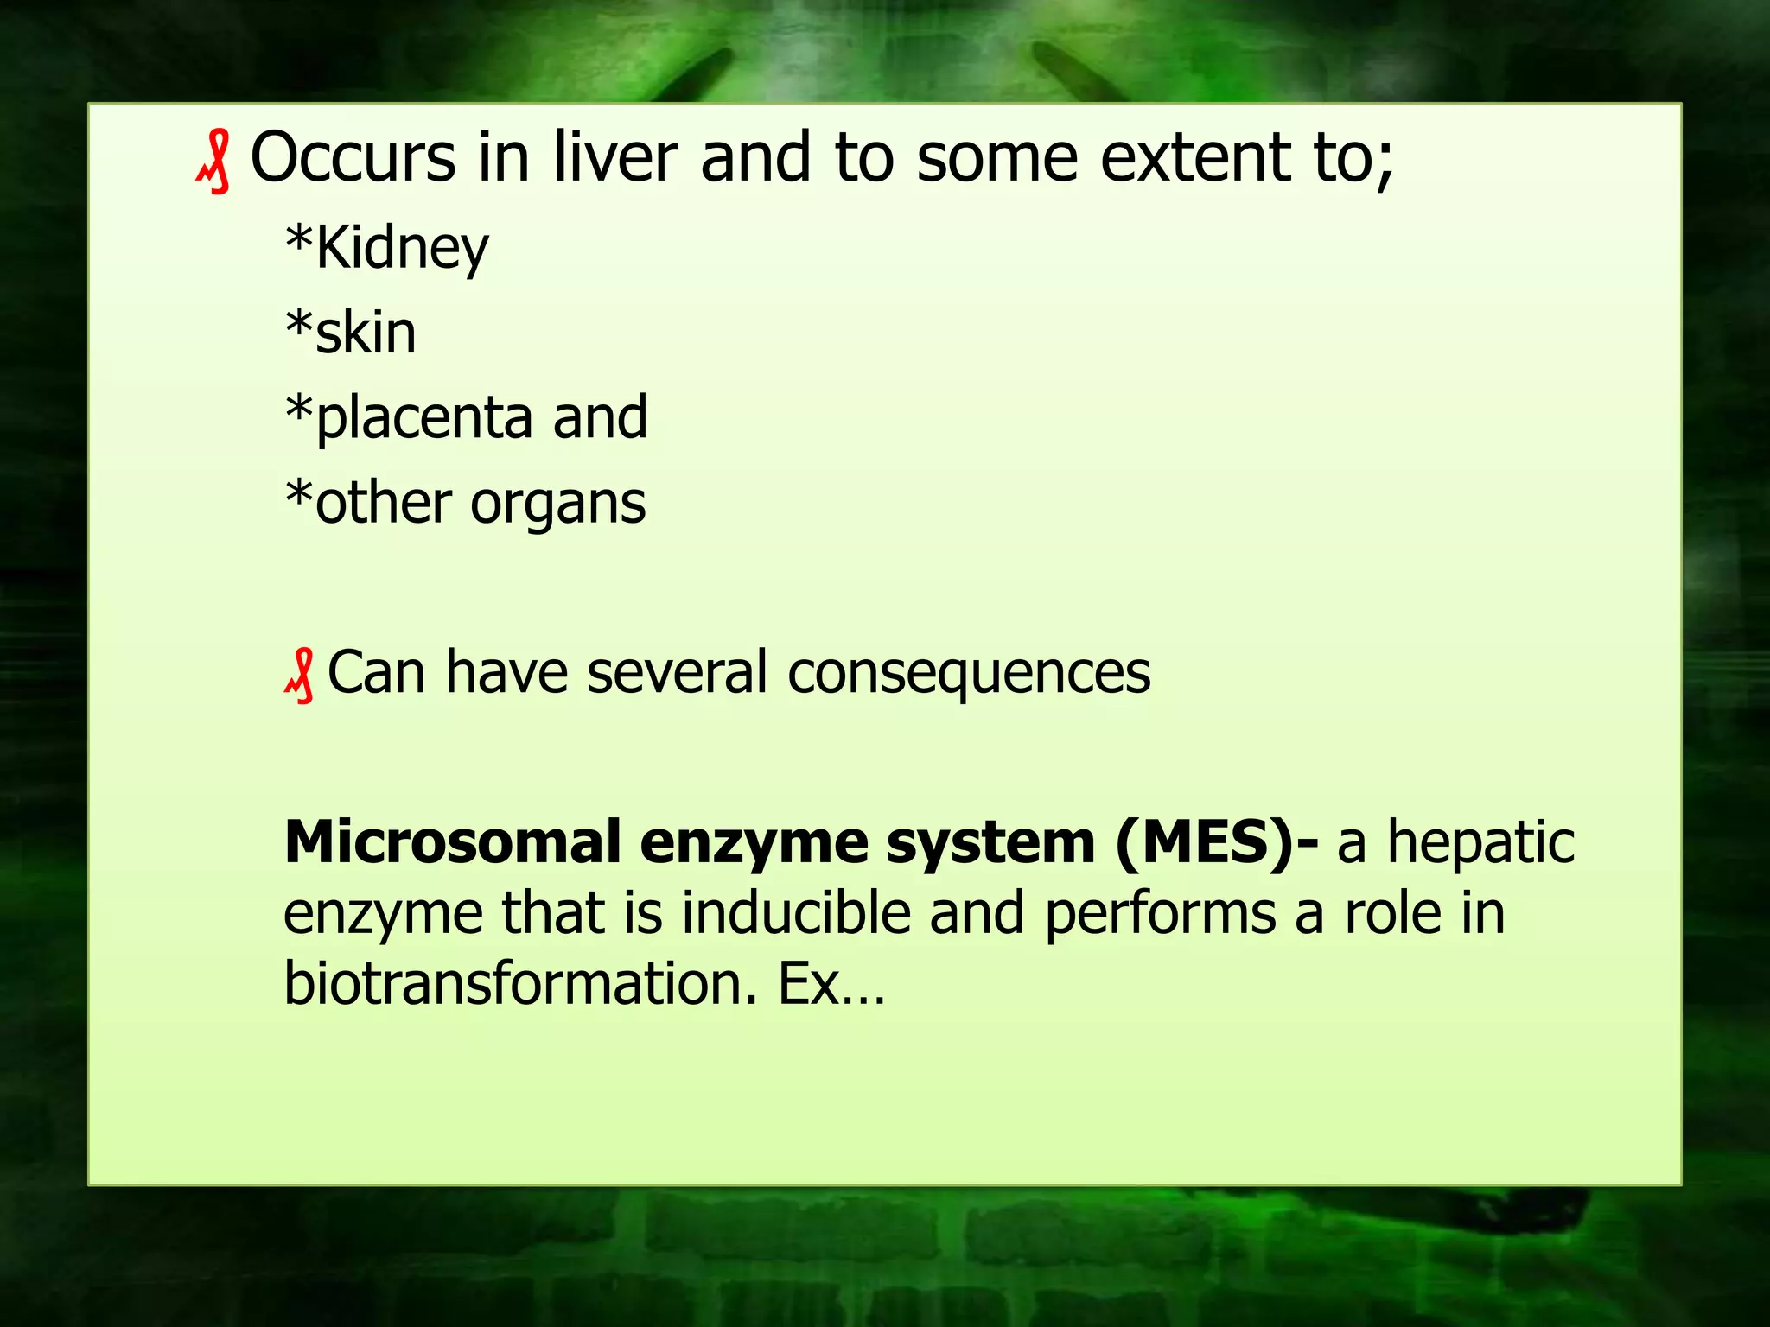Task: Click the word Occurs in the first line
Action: (353, 157)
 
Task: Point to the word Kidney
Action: (402, 249)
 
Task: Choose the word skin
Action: (366, 333)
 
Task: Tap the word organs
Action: (557, 504)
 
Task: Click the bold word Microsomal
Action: (453, 842)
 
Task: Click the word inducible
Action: (796, 913)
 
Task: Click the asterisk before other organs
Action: (298, 497)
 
